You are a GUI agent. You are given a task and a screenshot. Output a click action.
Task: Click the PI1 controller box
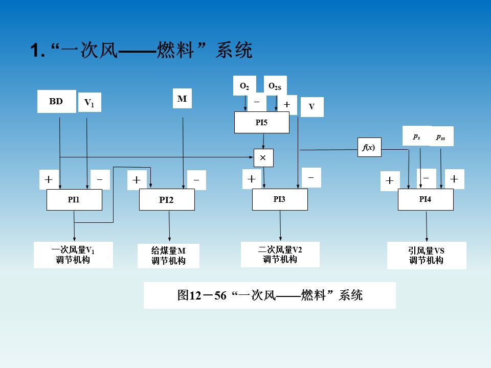pyautogui.click(x=74, y=199)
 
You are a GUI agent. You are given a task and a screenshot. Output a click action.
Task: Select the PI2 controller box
pyautogui.click(x=167, y=199)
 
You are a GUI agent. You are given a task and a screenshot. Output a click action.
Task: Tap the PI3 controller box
pyautogui.click(x=280, y=199)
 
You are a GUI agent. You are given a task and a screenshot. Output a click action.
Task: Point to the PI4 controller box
pyautogui.click(x=426, y=199)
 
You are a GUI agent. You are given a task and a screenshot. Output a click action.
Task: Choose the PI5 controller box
pyautogui.click(x=261, y=123)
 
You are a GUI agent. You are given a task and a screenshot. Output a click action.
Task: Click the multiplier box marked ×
pyautogui.click(x=263, y=158)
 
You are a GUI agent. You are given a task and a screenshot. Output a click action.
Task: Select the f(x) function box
pyautogui.click(x=369, y=147)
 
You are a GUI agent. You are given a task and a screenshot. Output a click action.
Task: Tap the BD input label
pyautogui.click(x=56, y=101)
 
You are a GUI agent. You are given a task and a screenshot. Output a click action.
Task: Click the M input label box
pyautogui.click(x=182, y=99)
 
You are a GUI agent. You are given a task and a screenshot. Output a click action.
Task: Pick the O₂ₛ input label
pyautogui.click(x=275, y=86)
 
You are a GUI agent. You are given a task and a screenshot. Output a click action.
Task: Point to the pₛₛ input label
pyautogui.click(x=441, y=136)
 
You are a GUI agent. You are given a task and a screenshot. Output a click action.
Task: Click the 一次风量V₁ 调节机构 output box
pyautogui.click(x=73, y=255)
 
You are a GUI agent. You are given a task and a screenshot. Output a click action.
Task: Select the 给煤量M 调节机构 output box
pyautogui.click(x=168, y=256)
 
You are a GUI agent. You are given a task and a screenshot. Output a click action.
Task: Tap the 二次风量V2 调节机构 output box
pyautogui.click(x=280, y=254)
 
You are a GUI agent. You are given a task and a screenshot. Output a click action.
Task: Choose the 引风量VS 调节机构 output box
pyautogui.click(x=427, y=256)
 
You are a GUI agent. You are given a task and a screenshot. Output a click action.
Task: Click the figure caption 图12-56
pyautogui.click(x=270, y=295)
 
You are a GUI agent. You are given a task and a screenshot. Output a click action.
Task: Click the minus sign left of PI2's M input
pyautogui.click(x=196, y=180)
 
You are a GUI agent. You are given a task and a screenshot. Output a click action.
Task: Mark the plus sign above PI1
pyautogui.click(x=49, y=180)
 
